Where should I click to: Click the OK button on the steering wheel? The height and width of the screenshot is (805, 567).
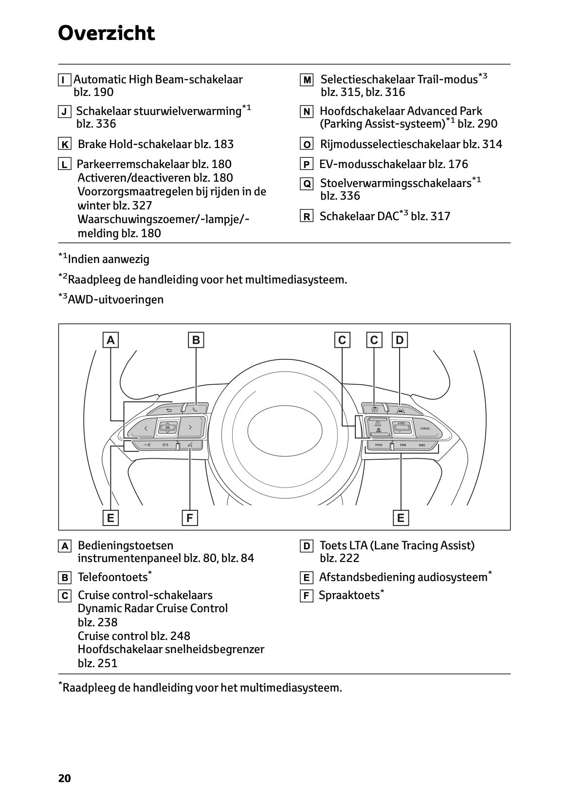click(x=167, y=427)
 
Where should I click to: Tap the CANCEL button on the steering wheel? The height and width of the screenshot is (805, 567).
click(x=424, y=428)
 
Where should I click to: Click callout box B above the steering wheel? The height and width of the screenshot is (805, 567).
click(x=196, y=340)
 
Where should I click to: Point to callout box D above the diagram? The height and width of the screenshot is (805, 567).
click(x=400, y=340)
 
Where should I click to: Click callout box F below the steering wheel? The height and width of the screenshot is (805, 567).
click(x=189, y=518)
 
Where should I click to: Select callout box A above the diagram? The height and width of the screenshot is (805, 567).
click(x=111, y=340)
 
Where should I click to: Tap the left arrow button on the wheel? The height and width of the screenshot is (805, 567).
click(x=145, y=428)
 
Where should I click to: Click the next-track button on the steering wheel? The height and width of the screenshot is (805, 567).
click(x=422, y=445)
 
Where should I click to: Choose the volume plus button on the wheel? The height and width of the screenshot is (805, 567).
click(x=166, y=445)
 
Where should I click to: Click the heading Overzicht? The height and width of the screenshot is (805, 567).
click(x=106, y=33)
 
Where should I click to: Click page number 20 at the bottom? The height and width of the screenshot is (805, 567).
click(x=64, y=778)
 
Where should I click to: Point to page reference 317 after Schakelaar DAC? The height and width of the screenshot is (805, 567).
click(x=440, y=216)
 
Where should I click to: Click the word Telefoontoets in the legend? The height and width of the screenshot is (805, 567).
click(x=112, y=578)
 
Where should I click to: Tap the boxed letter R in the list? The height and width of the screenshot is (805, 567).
click(x=306, y=217)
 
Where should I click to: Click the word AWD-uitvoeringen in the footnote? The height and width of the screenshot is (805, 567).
click(x=115, y=300)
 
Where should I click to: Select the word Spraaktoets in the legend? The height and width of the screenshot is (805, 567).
click(x=348, y=595)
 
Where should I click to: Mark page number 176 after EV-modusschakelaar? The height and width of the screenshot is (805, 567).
click(x=458, y=164)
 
